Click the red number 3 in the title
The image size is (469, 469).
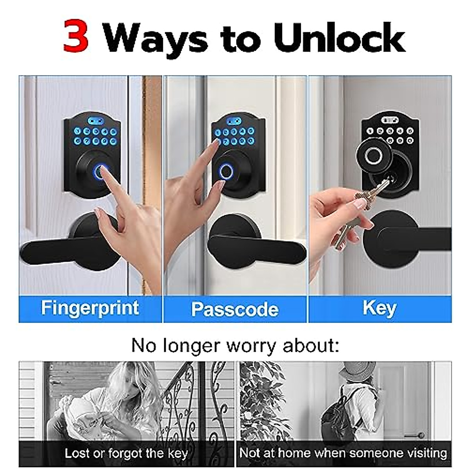tap(76, 38)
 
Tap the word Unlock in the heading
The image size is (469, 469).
tap(339, 38)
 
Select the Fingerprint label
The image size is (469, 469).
tap(90, 308)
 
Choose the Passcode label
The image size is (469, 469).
tap(235, 309)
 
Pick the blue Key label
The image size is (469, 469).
tap(379, 308)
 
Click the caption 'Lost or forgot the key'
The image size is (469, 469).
tap(126, 453)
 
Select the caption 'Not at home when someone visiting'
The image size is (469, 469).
tap(343, 453)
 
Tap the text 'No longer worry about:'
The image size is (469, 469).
tap(235, 345)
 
